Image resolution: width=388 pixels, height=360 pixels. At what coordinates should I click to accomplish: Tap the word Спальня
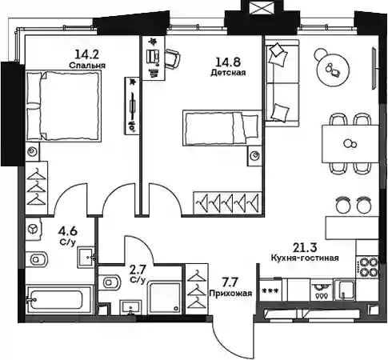[x=87, y=66]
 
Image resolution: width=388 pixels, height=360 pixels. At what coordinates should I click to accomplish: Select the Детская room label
[x=228, y=72]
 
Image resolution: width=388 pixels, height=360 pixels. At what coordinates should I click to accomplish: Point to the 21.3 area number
[x=305, y=248]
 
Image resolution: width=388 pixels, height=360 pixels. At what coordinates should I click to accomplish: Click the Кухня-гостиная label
[x=305, y=258]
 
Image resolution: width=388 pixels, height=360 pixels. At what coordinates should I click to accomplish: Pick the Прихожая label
[x=230, y=294]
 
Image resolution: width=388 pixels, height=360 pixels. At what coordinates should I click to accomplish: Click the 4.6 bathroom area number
[x=68, y=231]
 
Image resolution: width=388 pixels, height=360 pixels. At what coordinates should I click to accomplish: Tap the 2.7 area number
[x=138, y=270]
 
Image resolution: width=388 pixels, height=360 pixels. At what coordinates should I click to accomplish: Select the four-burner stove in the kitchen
[x=367, y=267]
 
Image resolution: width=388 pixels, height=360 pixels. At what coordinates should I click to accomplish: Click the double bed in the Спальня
[x=63, y=106]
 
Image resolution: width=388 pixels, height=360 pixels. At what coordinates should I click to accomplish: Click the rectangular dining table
[x=350, y=144]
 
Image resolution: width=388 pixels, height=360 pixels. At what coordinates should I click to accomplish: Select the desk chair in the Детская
[x=172, y=58]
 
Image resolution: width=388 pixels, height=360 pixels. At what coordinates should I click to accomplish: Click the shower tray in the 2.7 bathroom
[x=165, y=298]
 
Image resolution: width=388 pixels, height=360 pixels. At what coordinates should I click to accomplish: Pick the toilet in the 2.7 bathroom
[x=109, y=282]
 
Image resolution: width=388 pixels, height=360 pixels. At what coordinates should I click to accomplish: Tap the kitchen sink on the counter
[x=344, y=290]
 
